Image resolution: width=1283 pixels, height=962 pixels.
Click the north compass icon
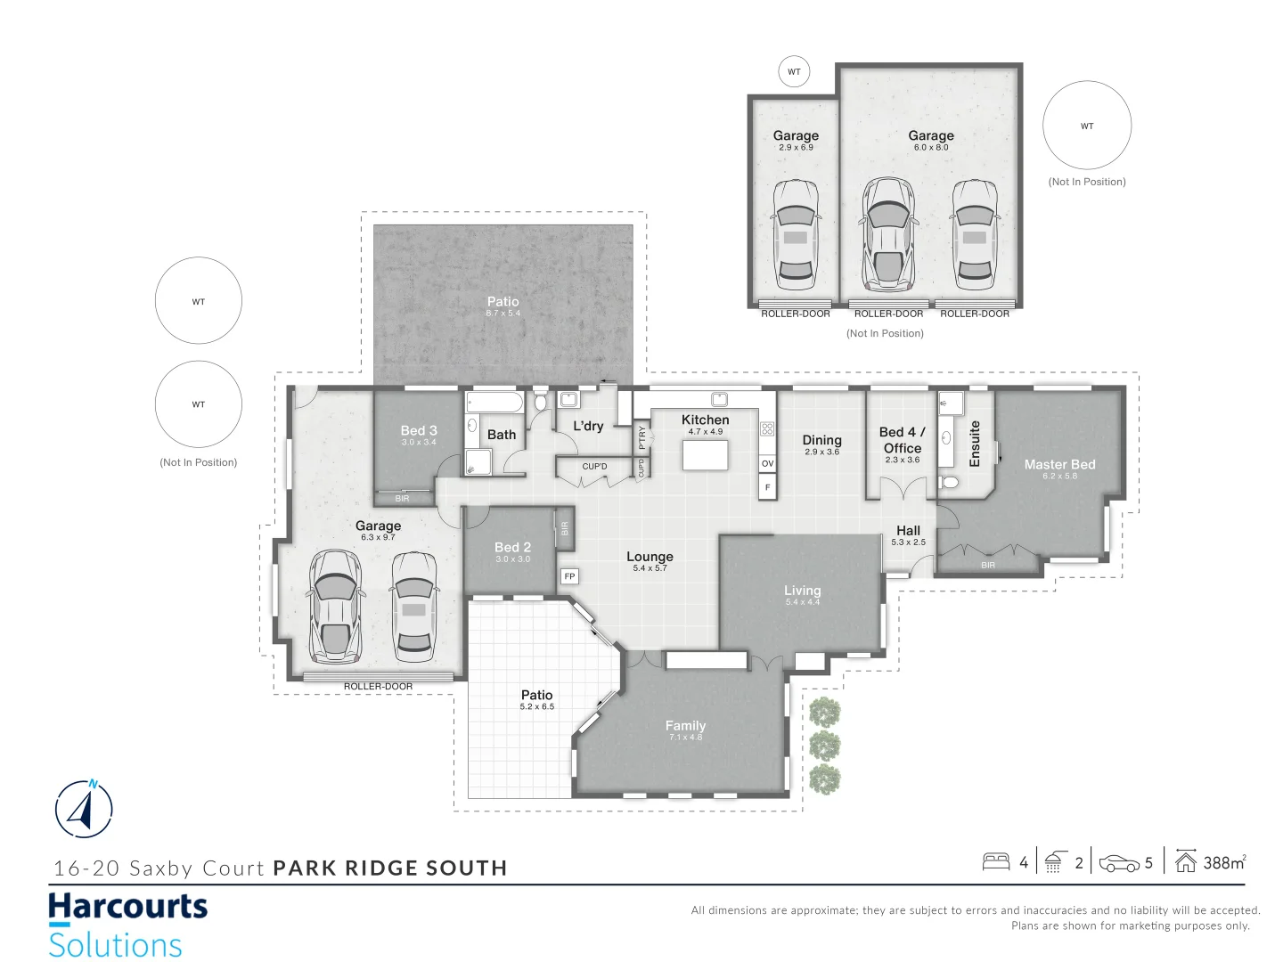point(84,809)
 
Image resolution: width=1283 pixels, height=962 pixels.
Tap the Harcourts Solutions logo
point(127,925)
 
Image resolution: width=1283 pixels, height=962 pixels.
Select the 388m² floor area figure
point(1224,862)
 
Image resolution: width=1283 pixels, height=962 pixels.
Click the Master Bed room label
point(1059,465)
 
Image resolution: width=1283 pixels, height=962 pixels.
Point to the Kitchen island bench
point(705,455)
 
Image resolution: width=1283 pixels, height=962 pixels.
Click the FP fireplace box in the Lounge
point(569,576)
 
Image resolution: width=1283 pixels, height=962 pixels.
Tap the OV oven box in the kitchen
point(767,463)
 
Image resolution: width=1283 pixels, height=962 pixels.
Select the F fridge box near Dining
point(767,487)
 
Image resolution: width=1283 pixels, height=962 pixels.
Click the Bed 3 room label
point(419,431)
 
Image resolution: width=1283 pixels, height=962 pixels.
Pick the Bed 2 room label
point(512,548)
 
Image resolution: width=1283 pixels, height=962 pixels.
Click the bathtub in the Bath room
point(494,404)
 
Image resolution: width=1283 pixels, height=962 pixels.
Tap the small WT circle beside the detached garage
point(794,72)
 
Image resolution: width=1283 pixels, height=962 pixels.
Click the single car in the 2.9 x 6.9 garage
point(796,234)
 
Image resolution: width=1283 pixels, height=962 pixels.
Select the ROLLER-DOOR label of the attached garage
point(378,687)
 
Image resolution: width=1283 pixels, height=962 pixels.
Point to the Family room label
point(685,726)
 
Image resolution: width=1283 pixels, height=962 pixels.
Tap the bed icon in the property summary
point(995,862)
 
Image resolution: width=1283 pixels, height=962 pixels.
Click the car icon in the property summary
point(1119,863)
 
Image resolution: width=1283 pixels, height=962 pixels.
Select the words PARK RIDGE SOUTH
point(389,868)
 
